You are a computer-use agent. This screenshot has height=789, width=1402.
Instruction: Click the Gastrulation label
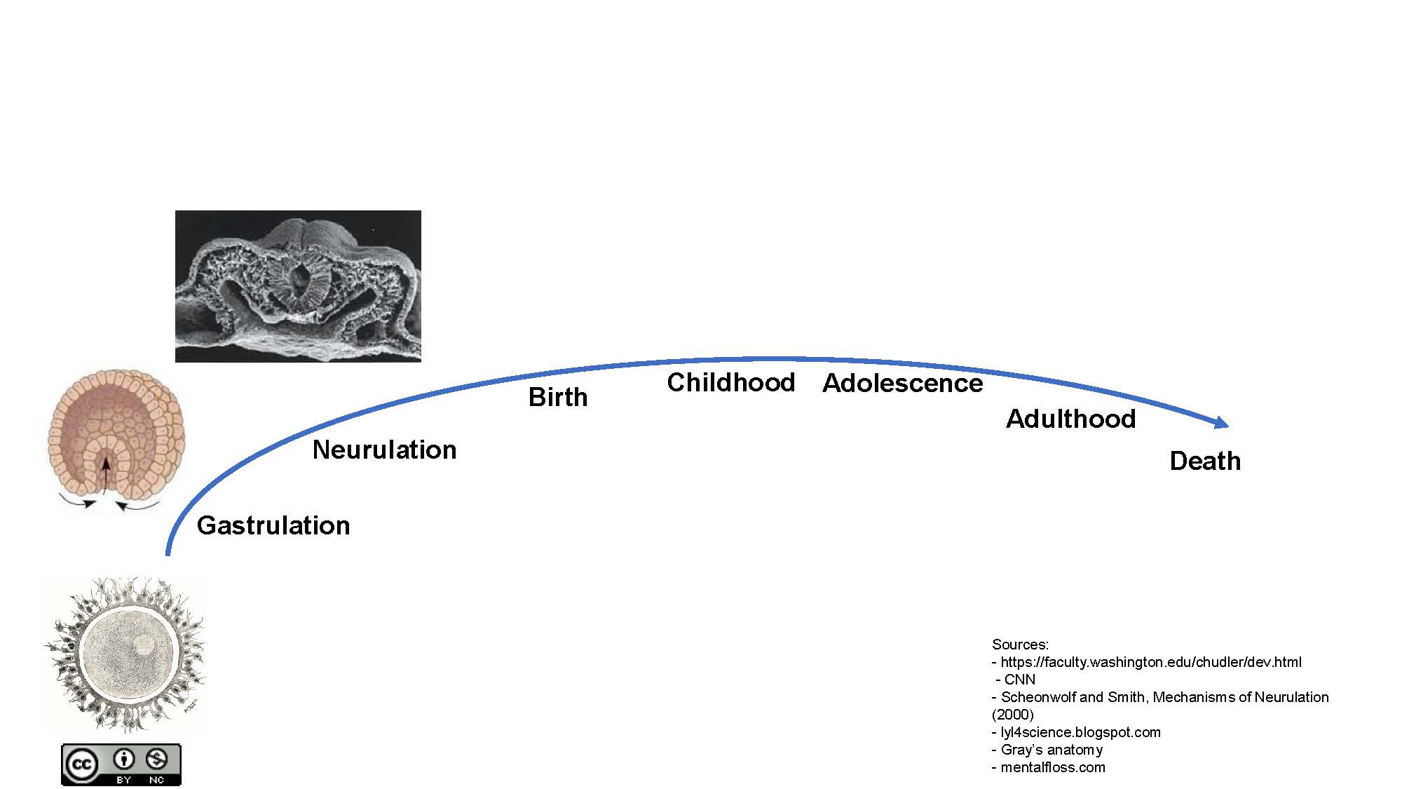pyautogui.click(x=273, y=526)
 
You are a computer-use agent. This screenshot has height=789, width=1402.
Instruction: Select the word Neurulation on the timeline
pyautogui.click(x=384, y=450)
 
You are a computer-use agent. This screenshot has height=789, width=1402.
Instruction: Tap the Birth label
pyautogui.click(x=558, y=397)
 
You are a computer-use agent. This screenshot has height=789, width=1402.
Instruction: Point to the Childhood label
pyautogui.click(x=731, y=382)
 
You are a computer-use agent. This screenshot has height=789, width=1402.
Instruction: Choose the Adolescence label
pyautogui.click(x=903, y=383)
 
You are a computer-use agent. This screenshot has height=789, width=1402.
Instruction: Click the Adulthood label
pyautogui.click(x=1071, y=419)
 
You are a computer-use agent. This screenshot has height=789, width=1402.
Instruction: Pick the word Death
pyautogui.click(x=1205, y=461)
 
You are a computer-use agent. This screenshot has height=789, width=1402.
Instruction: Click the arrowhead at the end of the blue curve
pyautogui.click(x=1223, y=422)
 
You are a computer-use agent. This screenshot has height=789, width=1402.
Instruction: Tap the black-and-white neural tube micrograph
pyautogui.click(x=298, y=286)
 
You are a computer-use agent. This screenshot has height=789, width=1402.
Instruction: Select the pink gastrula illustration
pyautogui.click(x=116, y=442)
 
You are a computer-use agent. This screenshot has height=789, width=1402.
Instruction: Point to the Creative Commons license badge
pyautogui.click(x=121, y=764)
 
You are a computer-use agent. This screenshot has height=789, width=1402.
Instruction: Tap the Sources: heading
pyautogui.click(x=1020, y=645)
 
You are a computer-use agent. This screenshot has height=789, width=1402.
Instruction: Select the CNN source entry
pyautogui.click(x=1015, y=680)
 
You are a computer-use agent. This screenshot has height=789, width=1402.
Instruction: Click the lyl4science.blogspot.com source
pyautogui.click(x=1076, y=732)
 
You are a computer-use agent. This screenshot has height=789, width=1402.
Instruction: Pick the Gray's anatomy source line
pyautogui.click(x=1047, y=750)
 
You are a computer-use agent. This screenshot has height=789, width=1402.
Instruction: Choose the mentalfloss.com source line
pyautogui.click(x=1049, y=767)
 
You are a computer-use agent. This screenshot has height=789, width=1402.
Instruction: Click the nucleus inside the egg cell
pyautogui.click(x=144, y=645)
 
